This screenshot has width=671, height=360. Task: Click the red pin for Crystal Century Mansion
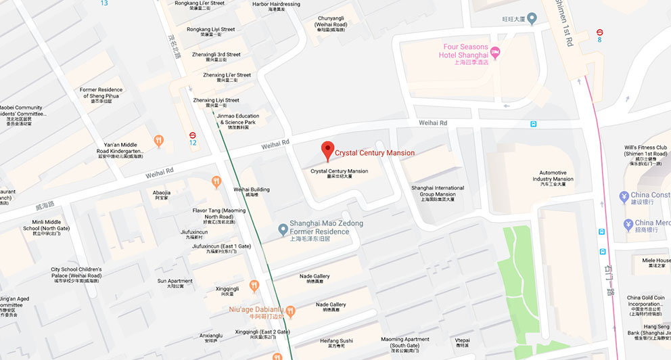tap(328, 150)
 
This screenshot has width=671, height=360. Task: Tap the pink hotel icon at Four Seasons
tap(495, 51)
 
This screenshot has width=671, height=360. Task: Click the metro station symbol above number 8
tap(599, 32)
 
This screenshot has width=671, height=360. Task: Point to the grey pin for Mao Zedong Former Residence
tap(283, 231)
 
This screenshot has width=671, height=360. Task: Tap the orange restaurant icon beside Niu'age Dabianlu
tap(290, 311)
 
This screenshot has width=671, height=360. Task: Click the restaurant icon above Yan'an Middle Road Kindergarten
tap(158, 141)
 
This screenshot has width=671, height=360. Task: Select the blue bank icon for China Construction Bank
tap(625, 197)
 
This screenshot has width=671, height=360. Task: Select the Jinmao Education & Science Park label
tap(237, 120)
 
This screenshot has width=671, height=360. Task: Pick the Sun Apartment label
tap(175, 283)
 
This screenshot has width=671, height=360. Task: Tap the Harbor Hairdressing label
tap(275, 6)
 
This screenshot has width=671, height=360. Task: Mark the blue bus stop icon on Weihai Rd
tap(534, 124)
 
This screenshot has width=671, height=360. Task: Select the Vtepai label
tap(463, 342)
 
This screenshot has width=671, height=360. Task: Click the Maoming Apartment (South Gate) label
tap(405, 342)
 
